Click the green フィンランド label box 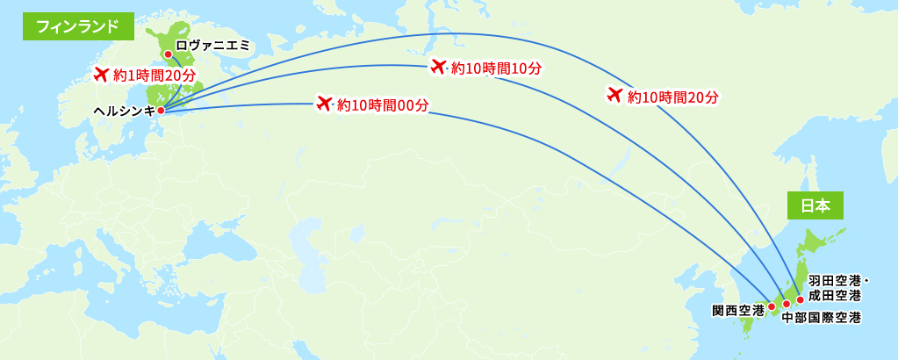[x=78, y=26]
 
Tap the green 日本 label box [x=815, y=205]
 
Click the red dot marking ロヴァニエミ [x=168, y=54]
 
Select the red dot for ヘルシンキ [x=161, y=110]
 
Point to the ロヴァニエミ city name [x=213, y=44]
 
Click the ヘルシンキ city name [x=124, y=111]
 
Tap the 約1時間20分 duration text [x=154, y=76]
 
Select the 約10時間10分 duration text [x=496, y=68]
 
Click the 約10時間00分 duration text [x=383, y=105]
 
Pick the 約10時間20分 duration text [x=673, y=97]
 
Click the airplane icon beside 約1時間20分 [x=100, y=74]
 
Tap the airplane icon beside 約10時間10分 [x=439, y=66]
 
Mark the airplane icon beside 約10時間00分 [x=324, y=104]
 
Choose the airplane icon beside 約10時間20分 [x=614, y=95]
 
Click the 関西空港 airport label [x=737, y=310]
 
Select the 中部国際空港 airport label [x=821, y=317]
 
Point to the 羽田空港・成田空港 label [x=837, y=288]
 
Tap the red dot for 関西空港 [x=771, y=306]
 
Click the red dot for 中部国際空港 [x=787, y=304]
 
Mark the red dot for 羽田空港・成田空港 [x=800, y=299]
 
